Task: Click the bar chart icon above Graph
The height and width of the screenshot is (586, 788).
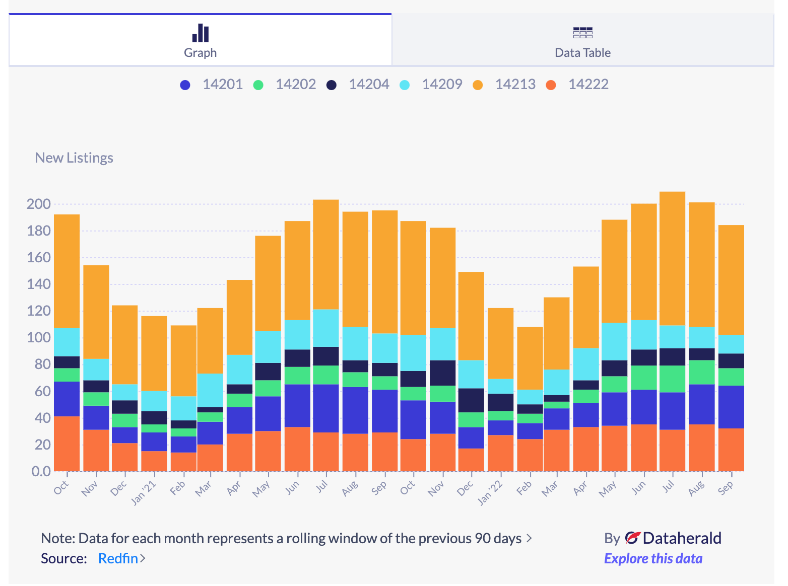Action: pos(200,33)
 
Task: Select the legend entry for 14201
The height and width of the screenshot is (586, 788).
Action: pos(222,84)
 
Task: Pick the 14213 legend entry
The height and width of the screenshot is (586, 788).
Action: pos(514,84)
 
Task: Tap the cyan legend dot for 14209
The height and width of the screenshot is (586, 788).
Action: pos(405,85)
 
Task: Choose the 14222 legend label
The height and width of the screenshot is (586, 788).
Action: pos(588,84)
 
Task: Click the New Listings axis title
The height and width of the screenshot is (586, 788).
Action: pos(74,158)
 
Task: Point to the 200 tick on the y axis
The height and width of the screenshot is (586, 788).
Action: pos(39,204)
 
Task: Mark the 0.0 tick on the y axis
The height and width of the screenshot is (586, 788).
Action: pos(41,471)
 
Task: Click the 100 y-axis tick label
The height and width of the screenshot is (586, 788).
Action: pos(39,337)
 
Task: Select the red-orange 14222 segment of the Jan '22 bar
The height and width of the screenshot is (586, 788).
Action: pos(500,453)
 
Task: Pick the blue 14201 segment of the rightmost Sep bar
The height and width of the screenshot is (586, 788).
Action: pos(731,407)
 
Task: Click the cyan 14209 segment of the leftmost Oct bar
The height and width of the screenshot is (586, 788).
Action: pos(67,342)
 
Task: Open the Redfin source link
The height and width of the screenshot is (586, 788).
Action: pos(118,558)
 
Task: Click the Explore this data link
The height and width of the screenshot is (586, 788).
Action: pos(653,558)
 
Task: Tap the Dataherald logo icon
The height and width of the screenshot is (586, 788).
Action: pos(632,538)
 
